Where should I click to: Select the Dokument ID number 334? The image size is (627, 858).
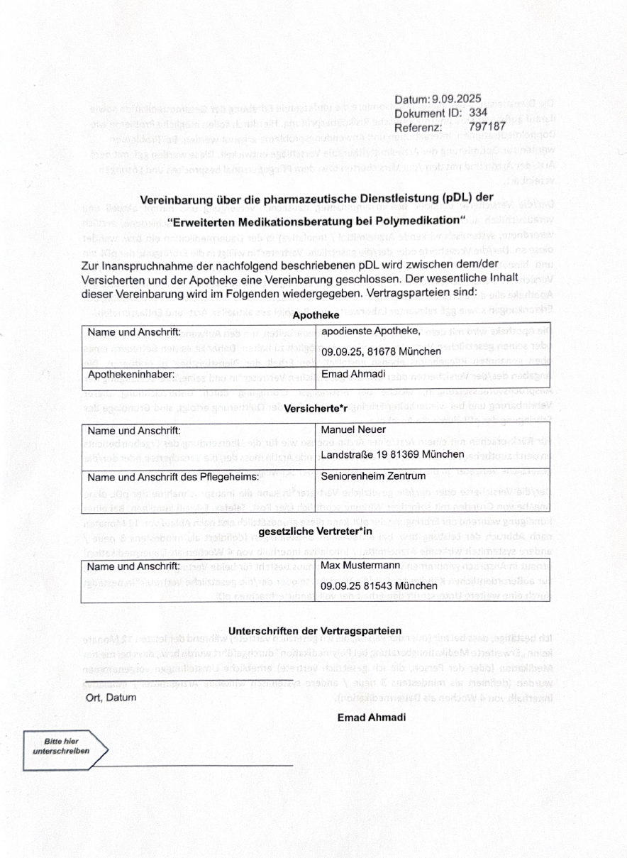(478, 113)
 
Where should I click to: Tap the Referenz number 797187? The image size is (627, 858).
(487, 126)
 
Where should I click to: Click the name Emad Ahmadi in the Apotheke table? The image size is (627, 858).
(353, 375)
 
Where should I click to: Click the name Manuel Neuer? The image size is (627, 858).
(353, 430)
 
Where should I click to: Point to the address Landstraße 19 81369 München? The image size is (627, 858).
(392, 454)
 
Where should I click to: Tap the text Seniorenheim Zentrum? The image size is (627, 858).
(373, 476)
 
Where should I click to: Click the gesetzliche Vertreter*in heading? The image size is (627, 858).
(316, 530)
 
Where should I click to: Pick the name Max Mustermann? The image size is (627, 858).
(362, 566)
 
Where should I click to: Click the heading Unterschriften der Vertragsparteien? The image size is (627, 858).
(315, 630)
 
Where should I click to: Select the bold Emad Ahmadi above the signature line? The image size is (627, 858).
(372, 717)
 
